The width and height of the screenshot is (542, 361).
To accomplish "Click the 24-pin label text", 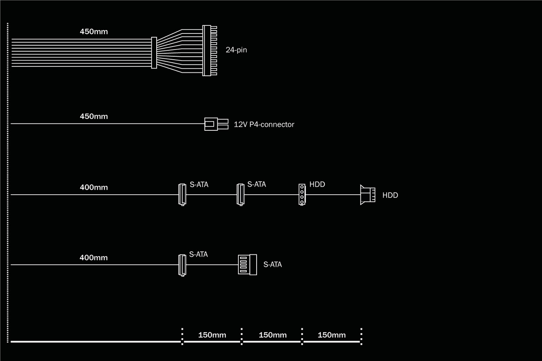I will coord(236,50).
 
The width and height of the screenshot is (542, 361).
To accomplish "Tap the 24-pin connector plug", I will coord(207,51).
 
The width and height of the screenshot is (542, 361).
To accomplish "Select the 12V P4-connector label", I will coord(264,124).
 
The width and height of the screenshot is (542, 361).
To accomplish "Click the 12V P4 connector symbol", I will coord(216,124).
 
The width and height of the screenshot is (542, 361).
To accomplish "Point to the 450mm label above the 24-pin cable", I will coord(94,32).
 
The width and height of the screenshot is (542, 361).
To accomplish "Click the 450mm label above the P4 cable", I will coord(94,116).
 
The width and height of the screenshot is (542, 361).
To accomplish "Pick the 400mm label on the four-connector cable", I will coord(94,187).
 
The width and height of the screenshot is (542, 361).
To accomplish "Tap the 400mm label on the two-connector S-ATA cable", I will coord(94,258).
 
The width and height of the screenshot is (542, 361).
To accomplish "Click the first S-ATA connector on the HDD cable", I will coord(182,194).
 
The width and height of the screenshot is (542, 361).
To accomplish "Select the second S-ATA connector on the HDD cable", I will coord(241,194).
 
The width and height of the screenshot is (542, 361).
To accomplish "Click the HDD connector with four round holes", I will coord(302,194).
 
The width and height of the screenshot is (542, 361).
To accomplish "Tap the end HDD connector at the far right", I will coord(367,195).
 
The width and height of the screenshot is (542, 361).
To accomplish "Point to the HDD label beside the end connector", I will coord(390,196).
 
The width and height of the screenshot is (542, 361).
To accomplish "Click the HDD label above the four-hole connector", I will coord(317,185).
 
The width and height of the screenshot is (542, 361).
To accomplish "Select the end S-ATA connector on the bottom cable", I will coord(248,265).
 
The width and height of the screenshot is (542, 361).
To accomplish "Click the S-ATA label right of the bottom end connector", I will coord(272,265).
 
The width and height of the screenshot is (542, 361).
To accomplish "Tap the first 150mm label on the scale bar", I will coord(212,335).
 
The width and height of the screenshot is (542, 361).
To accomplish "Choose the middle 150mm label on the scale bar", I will coord(272,335).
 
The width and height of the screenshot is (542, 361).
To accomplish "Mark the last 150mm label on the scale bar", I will coord(332,335).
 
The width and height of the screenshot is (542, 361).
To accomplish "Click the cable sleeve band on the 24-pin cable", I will coord(154,52).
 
